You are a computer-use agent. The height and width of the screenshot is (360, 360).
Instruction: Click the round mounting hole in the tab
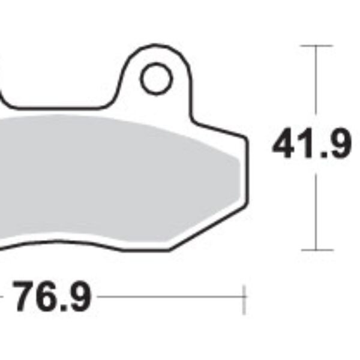(156, 79)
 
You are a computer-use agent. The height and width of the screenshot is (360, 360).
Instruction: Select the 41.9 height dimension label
(311, 146)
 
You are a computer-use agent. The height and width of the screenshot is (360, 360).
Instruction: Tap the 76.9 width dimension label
(52, 297)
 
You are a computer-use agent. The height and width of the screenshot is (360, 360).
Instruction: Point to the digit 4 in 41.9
(284, 146)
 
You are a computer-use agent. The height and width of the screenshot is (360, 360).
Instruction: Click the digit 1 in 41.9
(305, 146)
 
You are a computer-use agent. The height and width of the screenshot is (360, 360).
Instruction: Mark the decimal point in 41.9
(320, 156)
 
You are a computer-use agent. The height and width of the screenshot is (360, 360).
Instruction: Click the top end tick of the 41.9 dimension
(316, 46)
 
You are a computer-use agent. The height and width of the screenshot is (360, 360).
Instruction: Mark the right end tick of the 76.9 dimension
(244, 298)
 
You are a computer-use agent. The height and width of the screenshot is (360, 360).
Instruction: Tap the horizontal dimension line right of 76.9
(168, 296)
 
